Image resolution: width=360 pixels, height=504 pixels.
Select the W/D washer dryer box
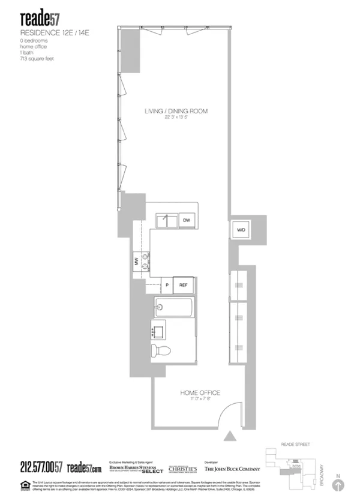click(240, 230)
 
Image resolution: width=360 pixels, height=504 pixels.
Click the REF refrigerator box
click(184, 286)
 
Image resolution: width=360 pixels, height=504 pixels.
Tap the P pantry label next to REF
click(167, 286)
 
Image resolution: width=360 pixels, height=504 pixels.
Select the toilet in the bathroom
click(161, 350)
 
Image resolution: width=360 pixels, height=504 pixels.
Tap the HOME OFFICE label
click(200, 393)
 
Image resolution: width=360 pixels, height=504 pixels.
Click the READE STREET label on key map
click(296, 445)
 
